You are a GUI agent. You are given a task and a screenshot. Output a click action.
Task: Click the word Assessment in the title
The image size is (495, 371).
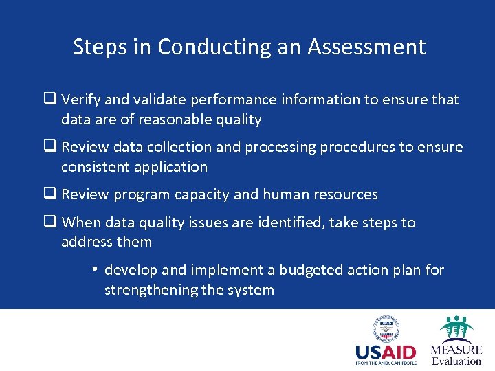click(x=366, y=47)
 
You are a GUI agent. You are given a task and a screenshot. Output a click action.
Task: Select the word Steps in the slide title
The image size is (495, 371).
click(x=99, y=47)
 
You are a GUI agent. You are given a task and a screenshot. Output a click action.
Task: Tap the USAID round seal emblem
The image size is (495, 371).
click(x=385, y=329)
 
